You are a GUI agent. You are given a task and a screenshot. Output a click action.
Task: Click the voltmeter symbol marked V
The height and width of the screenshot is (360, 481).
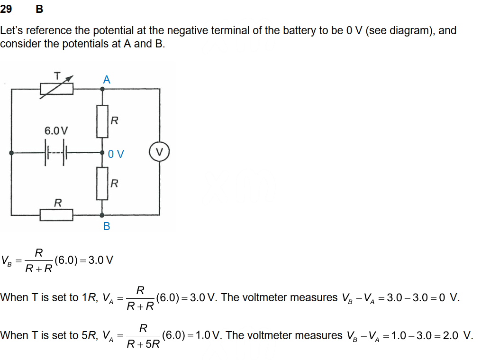[x=159, y=152]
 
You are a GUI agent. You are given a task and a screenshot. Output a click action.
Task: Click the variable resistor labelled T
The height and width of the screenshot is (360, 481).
[x=56, y=88]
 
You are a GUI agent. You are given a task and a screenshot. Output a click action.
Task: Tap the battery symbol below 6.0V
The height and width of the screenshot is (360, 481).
[x=56, y=153]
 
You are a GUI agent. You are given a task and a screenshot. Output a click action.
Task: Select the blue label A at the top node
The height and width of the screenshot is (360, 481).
[x=107, y=80]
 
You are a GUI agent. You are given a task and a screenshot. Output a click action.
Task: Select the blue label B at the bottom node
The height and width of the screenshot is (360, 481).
[x=107, y=226]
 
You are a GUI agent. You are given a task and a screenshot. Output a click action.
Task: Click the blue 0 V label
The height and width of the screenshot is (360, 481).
[x=116, y=154]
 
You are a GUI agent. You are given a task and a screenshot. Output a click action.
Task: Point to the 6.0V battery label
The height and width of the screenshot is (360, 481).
[x=56, y=130]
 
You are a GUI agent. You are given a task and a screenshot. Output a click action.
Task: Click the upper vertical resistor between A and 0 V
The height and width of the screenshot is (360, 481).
[x=102, y=121]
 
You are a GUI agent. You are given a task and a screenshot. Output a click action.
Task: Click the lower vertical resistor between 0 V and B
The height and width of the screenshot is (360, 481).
[x=102, y=184]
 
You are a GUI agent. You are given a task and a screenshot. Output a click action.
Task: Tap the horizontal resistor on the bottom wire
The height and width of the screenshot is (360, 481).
[x=56, y=215]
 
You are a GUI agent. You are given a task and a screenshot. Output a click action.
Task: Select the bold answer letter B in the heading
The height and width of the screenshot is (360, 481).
[x=39, y=9]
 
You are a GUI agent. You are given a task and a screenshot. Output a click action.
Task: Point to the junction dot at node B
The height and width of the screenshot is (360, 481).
[x=102, y=215]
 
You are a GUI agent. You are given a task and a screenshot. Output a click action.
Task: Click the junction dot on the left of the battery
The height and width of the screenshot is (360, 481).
[x=11, y=153]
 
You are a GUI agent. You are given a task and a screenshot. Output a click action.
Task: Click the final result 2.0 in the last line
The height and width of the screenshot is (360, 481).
[x=451, y=335]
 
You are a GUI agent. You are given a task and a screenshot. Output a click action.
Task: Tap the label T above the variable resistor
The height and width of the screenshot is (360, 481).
[x=57, y=75]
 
